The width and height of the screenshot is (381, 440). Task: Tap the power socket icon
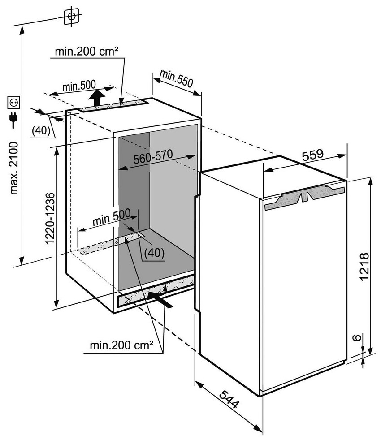[x=13, y=103]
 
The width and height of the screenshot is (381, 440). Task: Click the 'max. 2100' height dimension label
[x=14, y=168]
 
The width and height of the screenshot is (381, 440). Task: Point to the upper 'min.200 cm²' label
[x=87, y=52]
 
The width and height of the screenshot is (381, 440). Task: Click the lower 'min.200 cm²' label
[x=121, y=345]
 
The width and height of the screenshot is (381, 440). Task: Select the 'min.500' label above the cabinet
[x=79, y=86]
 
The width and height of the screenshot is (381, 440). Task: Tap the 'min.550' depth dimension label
[x=176, y=79]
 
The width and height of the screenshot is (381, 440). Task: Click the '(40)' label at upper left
[x=42, y=131]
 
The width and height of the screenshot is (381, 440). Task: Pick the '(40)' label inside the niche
[x=154, y=253]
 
